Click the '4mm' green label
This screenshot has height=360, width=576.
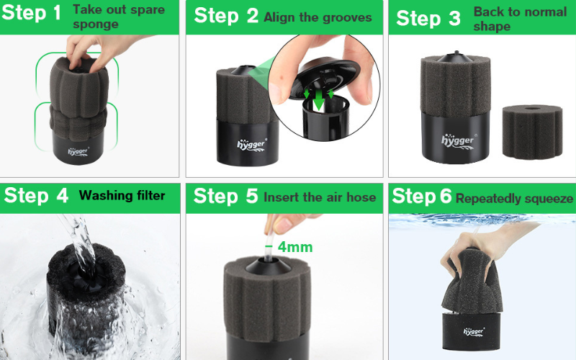pyautogui.click(x=295, y=247)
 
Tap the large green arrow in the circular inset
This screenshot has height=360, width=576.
pyautogui.click(x=319, y=100)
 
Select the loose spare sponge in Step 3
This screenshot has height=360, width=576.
pyautogui.click(x=532, y=132)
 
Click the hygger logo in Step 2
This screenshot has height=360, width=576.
pyautogui.click(x=251, y=145)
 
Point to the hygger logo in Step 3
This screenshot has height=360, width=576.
pyautogui.click(x=458, y=141)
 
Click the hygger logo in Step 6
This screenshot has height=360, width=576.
pyautogui.click(x=474, y=332)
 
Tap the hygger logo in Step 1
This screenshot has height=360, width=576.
pyautogui.click(x=78, y=151)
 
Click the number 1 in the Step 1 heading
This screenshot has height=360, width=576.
pyautogui.click(x=57, y=13)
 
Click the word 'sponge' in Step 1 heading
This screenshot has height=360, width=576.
pyautogui.click(x=96, y=24)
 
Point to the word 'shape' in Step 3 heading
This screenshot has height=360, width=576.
pyautogui.click(x=492, y=27)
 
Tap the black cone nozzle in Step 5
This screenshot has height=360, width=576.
pyautogui.click(x=268, y=266)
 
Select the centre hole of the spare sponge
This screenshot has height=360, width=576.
pyautogui.click(x=532, y=109)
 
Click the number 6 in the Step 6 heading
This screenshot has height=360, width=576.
pyautogui.click(x=446, y=195)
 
